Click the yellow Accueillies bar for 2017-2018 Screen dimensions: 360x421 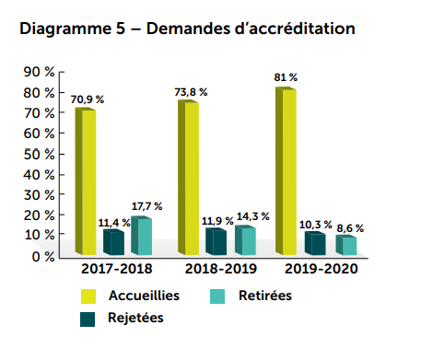click(86, 180)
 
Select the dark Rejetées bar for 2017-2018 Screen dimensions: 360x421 click(113, 242)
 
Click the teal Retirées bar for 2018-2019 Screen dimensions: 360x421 click(243, 239)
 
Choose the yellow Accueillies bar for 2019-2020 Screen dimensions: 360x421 click(286, 169)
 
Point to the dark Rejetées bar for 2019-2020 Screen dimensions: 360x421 click(314, 243)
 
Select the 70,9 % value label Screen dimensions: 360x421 click(88, 99)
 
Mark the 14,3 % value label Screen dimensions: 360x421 click(251, 215)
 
